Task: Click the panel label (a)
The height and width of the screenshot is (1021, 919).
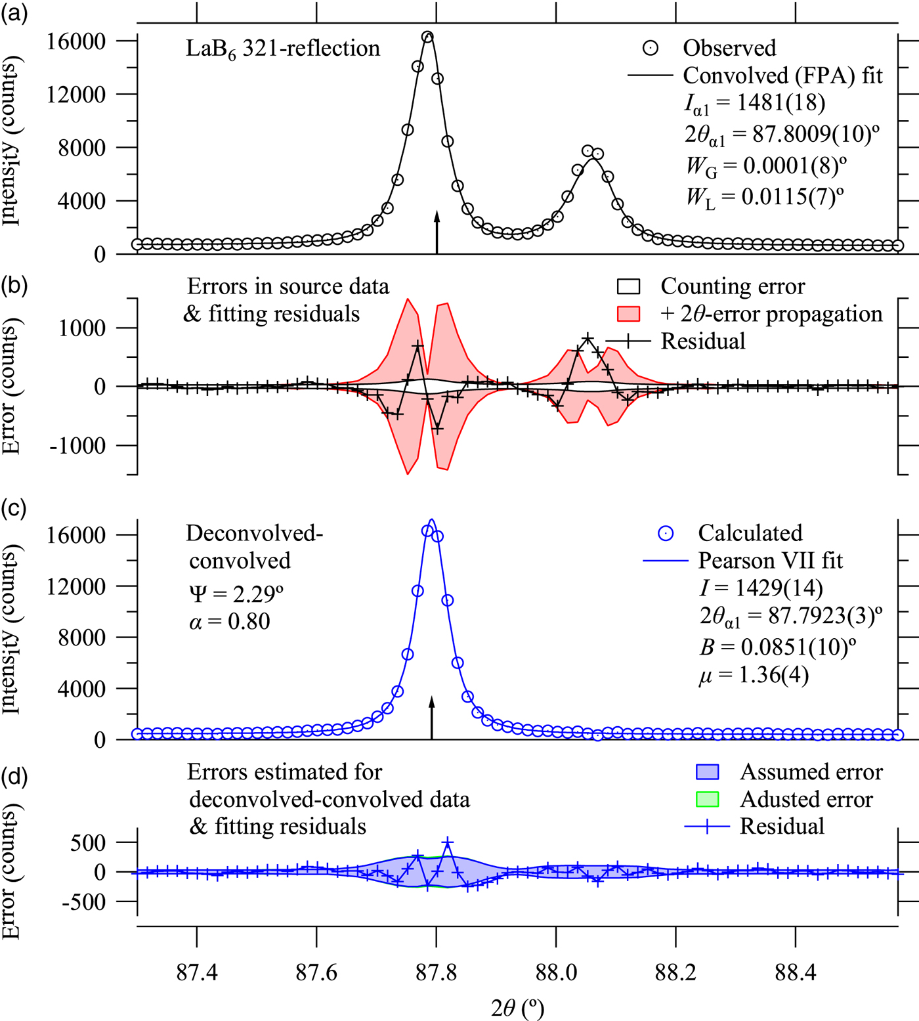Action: [x=14, y=14]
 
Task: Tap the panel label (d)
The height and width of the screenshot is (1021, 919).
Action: [x=14, y=776]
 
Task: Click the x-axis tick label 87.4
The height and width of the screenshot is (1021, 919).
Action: [x=197, y=972]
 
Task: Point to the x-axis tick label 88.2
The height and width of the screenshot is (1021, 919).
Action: [x=675, y=972]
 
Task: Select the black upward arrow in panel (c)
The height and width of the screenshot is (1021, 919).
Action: [x=431, y=717]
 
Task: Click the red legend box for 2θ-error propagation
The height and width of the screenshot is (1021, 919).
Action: [x=628, y=314]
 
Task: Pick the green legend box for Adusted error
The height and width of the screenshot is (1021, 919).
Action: [x=707, y=799]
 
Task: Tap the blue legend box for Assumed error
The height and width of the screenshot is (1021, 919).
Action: [x=707, y=771]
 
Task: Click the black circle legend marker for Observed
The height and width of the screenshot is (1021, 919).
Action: [x=650, y=48]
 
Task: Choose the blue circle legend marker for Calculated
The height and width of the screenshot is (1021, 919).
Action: [x=665, y=533]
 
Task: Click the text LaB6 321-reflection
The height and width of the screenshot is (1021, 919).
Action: [x=282, y=49]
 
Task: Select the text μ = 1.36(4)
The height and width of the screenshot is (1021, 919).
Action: [x=754, y=675]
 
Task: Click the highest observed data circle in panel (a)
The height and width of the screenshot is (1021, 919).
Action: [x=427, y=37]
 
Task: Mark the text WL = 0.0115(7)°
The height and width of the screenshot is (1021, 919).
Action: [x=765, y=196]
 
